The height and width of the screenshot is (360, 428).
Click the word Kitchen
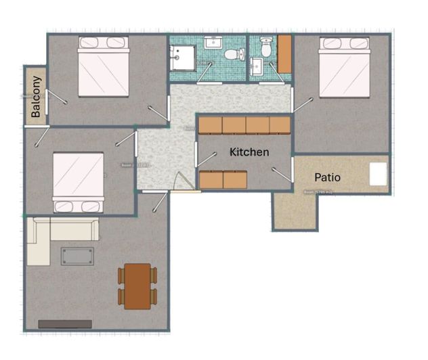click(x=249, y=153)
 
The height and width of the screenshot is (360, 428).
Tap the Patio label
click(x=328, y=178)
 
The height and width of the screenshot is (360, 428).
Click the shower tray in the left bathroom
click(x=181, y=58)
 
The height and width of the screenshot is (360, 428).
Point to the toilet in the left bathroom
click(x=232, y=54)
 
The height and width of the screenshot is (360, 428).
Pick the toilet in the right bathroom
click(x=266, y=47)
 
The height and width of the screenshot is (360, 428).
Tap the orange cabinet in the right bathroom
click(x=285, y=54)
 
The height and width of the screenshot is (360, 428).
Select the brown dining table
click(x=137, y=285)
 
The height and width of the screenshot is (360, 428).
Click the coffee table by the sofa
click(x=77, y=256)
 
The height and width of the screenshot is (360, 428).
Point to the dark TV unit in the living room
click(x=64, y=324)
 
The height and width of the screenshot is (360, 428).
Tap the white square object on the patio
click(x=378, y=175)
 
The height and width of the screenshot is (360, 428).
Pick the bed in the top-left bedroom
click(x=103, y=66)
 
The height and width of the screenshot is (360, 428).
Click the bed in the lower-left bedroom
click(x=79, y=182)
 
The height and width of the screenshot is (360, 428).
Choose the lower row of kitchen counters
click(x=223, y=179)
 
